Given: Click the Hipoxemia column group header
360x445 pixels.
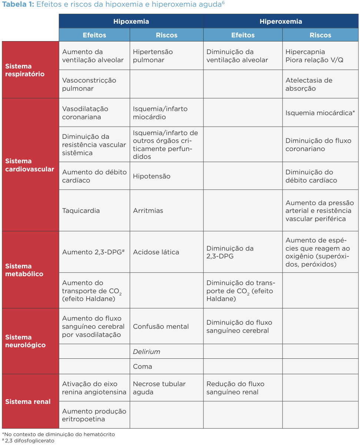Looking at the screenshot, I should [131, 21].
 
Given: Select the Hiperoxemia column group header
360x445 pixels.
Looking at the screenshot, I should [281, 21].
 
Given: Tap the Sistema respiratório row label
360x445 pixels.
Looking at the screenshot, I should [25, 70].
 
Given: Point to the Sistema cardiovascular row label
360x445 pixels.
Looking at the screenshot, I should [30, 165].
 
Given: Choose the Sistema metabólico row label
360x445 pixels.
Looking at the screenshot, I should [24, 270].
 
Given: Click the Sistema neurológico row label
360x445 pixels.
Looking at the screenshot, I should [26, 341].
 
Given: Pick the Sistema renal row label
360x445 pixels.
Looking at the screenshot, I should [28, 402].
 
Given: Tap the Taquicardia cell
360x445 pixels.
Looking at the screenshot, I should [81, 211].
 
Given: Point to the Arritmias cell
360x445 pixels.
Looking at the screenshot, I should [148, 211].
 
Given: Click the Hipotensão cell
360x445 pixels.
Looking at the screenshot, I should [152, 176].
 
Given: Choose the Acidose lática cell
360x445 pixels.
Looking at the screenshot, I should [156, 252].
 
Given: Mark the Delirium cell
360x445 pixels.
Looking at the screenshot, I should [147, 352].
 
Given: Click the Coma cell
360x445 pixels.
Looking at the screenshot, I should [143, 367].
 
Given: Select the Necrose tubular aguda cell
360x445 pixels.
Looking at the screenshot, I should [159, 388].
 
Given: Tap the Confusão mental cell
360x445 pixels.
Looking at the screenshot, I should [161, 327].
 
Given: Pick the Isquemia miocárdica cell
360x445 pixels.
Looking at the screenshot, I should [320, 113].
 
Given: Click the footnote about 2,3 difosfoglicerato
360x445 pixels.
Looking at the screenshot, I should [29, 441].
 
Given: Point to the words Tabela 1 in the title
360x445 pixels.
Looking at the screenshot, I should [18, 4].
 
